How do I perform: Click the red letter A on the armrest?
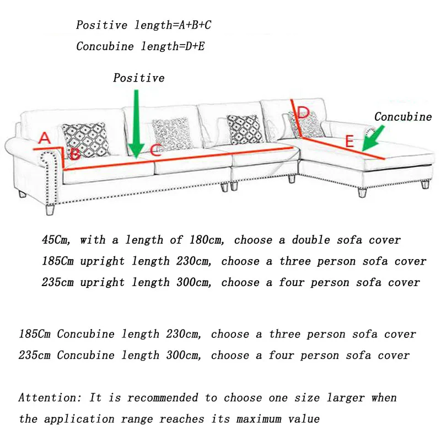coord(45,138)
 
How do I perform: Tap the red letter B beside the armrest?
coord(75,154)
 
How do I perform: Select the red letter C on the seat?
coord(155,149)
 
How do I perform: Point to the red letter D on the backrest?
coord(303,112)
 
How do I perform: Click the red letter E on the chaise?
coord(349,141)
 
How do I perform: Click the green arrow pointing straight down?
coord(136,125)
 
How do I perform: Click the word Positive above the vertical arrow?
coord(139,78)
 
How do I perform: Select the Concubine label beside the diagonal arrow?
coord(403,117)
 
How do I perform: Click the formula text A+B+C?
coord(195,25)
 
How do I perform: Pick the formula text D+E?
coord(195,46)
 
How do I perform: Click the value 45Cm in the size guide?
coord(56,240)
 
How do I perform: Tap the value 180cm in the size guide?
coord(207,240)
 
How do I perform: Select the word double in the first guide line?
coord(311,240)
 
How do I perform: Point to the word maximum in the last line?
coord(259,419)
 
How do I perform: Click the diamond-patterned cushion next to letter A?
coord(86,140)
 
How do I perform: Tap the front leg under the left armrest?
coord(50,209)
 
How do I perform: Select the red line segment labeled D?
coord(296,118)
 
